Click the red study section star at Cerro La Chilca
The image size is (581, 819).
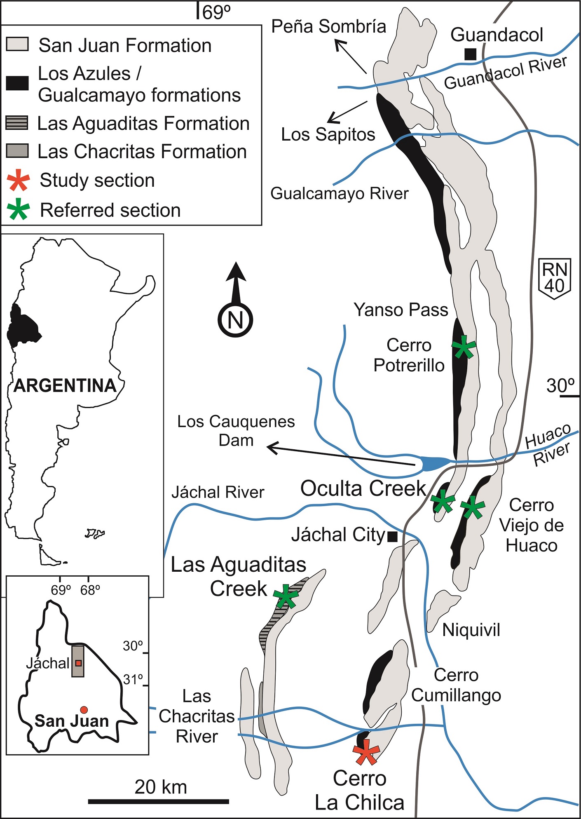click(366, 751)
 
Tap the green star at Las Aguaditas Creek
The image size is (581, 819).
click(286, 596)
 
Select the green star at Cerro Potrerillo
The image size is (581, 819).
click(464, 347)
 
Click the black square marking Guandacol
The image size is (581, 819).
click(470, 54)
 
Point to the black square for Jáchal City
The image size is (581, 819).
click(392, 536)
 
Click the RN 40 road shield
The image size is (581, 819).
click(555, 278)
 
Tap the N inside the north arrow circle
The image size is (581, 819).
click(235, 320)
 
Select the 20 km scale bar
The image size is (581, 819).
click(159, 801)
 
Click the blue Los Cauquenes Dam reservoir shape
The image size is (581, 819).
click(435, 463)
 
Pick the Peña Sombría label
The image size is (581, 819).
click(328, 27)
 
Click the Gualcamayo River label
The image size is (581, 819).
click(339, 193)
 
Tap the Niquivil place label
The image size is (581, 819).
click(471, 630)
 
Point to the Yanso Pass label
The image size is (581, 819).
click(401, 310)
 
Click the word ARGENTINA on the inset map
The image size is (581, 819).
click(65, 386)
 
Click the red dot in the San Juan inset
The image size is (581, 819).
click(84, 710)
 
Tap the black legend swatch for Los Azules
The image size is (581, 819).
click(17, 83)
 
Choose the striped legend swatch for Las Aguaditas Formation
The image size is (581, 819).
click(17, 123)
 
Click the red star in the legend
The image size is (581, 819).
click(19, 181)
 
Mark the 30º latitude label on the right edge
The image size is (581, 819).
click(560, 386)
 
